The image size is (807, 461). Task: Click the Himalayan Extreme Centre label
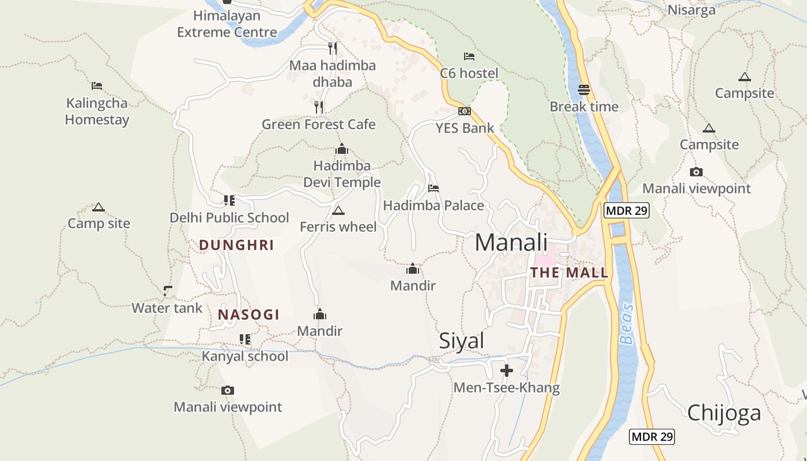[x=227, y=24]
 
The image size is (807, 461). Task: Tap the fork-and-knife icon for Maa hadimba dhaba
[x=332, y=48]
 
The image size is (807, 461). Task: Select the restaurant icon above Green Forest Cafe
[x=318, y=107]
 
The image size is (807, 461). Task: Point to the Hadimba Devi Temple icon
[x=342, y=149]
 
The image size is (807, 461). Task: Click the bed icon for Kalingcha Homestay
[x=97, y=86]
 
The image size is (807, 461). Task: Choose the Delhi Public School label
[x=229, y=218]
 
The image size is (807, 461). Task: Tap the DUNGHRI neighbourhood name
[x=236, y=245]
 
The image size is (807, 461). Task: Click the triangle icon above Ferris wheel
[x=338, y=210]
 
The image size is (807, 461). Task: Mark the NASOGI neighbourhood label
[x=248, y=315]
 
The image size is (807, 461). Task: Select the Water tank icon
[x=167, y=291]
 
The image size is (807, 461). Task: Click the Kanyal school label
[x=245, y=356]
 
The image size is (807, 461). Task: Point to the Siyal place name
[x=461, y=341]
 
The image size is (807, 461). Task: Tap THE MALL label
[x=569, y=273]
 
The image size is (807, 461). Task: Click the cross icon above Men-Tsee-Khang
[x=507, y=371]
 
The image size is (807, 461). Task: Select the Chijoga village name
[x=724, y=413]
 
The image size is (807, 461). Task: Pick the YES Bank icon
[x=465, y=111]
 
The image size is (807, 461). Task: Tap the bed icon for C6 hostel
[x=469, y=56]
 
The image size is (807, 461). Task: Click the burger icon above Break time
[x=584, y=90]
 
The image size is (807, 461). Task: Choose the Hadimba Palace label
[x=433, y=206]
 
